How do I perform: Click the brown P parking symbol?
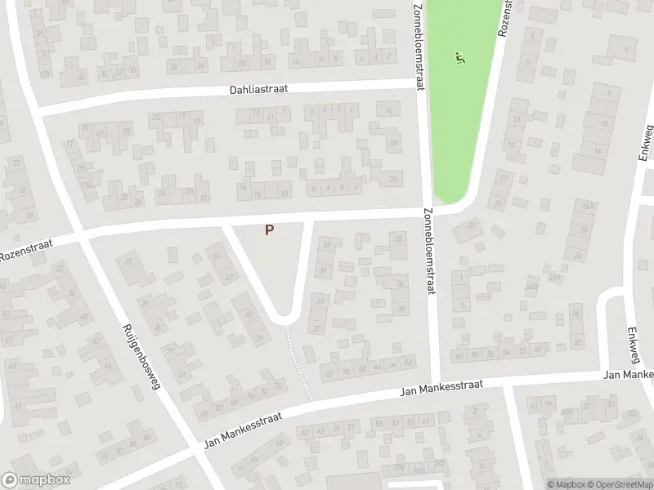(269, 231)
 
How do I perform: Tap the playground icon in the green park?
(459, 58)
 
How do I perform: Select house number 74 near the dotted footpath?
(279, 385)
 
